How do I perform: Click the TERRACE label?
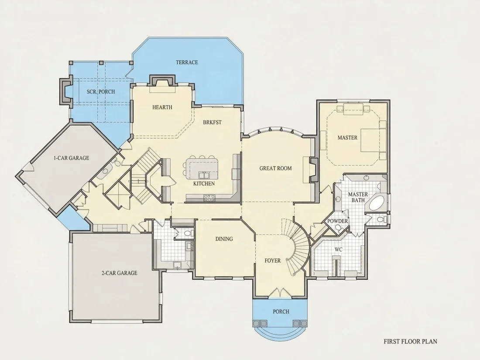pyautogui.click(x=187, y=62)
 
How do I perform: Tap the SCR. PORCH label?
pyautogui.click(x=101, y=92)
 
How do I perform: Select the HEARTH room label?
pyautogui.click(x=162, y=107)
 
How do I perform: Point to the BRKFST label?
pyautogui.click(x=212, y=122)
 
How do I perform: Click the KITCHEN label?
pyautogui.click(x=204, y=184)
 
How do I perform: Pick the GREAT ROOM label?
pyautogui.click(x=275, y=168)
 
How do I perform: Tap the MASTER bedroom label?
pyautogui.click(x=347, y=138)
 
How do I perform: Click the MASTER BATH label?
pyautogui.click(x=358, y=197)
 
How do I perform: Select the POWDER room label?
pyautogui.click(x=338, y=221)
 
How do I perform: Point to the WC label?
pyautogui.click(x=338, y=250)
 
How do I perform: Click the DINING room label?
pyautogui.click(x=224, y=239)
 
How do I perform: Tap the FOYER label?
pyautogui.click(x=272, y=261)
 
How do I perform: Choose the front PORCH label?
pyautogui.click(x=281, y=312)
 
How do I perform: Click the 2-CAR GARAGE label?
pyautogui.click(x=120, y=273)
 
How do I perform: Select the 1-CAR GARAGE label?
pyautogui.click(x=71, y=158)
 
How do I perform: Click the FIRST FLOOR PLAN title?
pyautogui.click(x=411, y=341)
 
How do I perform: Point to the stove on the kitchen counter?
pyautogui.click(x=209, y=198)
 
